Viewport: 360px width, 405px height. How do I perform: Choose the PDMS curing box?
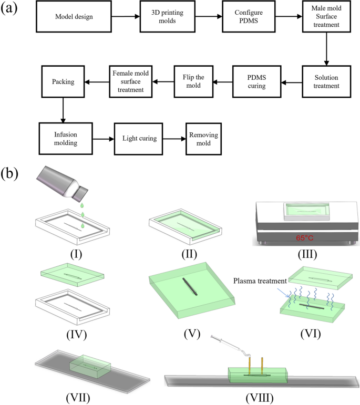[x=256, y=82]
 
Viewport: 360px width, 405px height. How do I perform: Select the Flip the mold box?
[x=194, y=82]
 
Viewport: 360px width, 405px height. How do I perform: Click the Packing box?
[x=63, y=82]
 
